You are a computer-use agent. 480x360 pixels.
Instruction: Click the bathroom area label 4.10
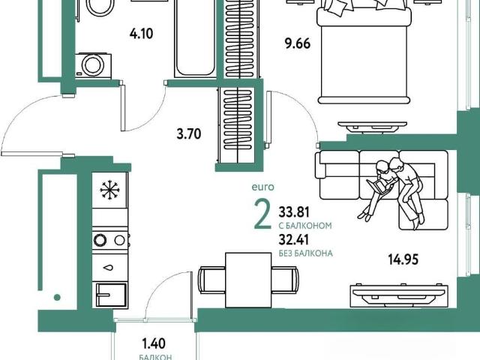click(141, 33)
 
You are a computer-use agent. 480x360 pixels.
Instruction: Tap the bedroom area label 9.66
click(298, 43)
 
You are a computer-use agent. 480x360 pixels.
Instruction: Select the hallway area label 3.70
click(189, 134)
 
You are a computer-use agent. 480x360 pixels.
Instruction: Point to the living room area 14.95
click(403, 259)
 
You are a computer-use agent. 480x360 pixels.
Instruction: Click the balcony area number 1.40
click(154, 343)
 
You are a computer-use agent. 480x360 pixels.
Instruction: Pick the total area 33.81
click(294, 211)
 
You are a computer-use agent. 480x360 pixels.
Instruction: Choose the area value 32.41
click(293, 240)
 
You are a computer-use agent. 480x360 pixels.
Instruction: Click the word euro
click(262, 187)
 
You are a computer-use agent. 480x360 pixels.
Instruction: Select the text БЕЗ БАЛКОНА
click(305, 253)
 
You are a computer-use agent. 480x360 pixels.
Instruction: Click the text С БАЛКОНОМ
click(305, 226)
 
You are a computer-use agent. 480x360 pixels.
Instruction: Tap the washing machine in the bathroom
click(93, 65)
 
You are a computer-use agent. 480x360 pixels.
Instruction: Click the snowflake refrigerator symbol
click(109, 190)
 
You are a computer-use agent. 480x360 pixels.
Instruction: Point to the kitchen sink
click(111, 295)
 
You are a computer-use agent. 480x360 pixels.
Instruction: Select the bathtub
click(195, 38)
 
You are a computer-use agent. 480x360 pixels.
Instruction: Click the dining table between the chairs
click(248, 280)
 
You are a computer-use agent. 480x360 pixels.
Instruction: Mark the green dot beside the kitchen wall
click(57, 297)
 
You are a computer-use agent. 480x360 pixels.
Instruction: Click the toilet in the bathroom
click(100, 7)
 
